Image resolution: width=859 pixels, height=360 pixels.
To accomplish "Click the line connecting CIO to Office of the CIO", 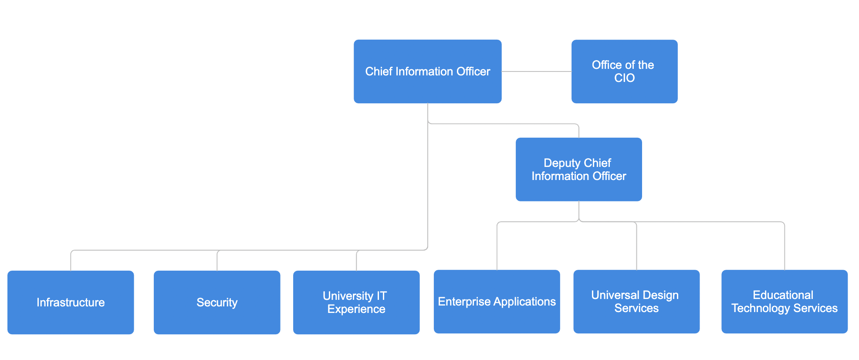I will click(536, 71).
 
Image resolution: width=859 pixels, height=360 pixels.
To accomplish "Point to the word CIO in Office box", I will click(624, 78).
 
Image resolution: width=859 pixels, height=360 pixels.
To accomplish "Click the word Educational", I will click(783, 295).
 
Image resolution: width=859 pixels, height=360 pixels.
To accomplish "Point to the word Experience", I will click(356, 309).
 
